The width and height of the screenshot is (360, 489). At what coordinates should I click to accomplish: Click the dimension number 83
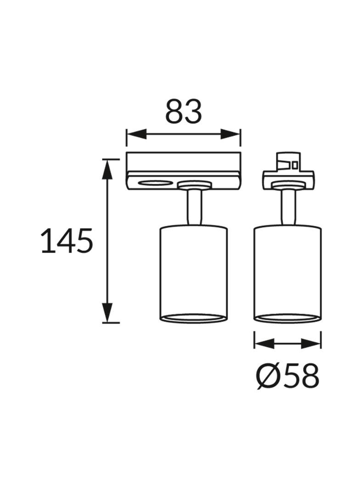point(183,111)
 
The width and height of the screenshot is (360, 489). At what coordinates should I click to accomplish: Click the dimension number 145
point(67,241)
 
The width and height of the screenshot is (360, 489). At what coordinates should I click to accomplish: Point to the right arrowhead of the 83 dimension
point(231,134)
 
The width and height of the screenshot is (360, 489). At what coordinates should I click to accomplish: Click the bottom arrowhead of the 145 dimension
point(107,312)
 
